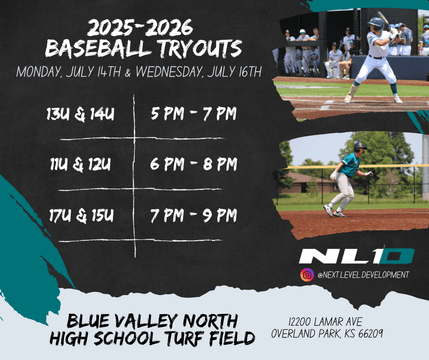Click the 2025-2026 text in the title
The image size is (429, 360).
140,27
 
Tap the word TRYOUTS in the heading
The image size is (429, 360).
200,49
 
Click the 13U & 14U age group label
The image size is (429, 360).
80,114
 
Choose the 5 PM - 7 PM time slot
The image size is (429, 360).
194,113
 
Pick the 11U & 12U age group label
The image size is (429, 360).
80,164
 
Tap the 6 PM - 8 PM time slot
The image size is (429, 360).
194,164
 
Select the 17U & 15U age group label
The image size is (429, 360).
81,216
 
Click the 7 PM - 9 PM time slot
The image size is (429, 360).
194,215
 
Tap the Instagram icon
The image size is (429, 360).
307,275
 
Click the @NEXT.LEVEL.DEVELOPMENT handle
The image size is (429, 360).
363,275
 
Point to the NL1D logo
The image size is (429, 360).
357,256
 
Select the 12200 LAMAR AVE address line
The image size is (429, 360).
325,322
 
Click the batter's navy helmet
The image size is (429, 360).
377,24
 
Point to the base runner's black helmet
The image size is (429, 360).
360,147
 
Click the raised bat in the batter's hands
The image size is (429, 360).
384,19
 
